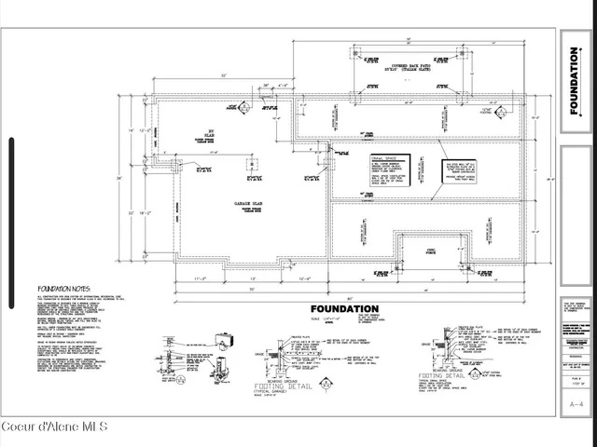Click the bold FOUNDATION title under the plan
pos(344,309)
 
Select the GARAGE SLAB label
pos(247,201)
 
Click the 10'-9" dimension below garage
pos(305,278)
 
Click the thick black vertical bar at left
pos(11,223)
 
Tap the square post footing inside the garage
pos(249,164)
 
